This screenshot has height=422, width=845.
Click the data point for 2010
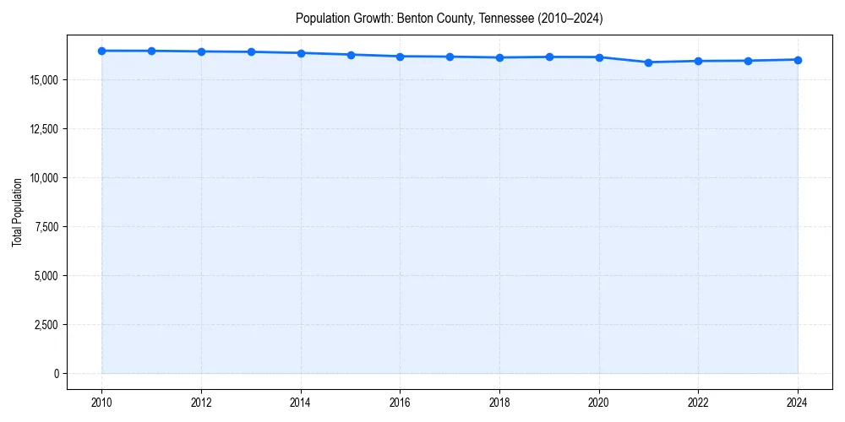(101, 51)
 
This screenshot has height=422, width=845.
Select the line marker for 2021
(648, 62)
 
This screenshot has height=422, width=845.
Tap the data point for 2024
(798, 60)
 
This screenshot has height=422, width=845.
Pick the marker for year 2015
(351, 55)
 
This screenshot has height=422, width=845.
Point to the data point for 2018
(499, 57)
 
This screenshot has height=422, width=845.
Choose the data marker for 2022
(698, 61)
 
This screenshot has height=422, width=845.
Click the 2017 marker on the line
(450, 57)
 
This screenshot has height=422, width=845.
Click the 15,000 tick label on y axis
(42, 80)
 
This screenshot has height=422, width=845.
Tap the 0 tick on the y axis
(55, 374)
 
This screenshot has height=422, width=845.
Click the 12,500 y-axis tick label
(42, 129)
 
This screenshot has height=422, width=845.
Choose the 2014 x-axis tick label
(301, 403)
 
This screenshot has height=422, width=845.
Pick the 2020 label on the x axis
(599, 403)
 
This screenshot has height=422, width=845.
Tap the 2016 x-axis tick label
(401, 403)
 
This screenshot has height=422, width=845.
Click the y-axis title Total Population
(17, 212)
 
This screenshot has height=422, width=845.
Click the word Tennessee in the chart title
(506, 18)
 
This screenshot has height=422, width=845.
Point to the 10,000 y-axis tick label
(42, 178)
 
